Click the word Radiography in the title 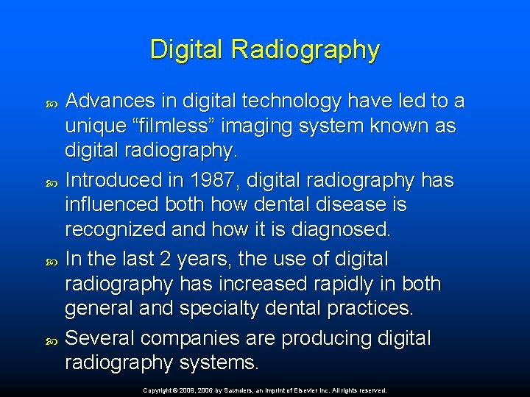305,50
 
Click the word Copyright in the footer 155,390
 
